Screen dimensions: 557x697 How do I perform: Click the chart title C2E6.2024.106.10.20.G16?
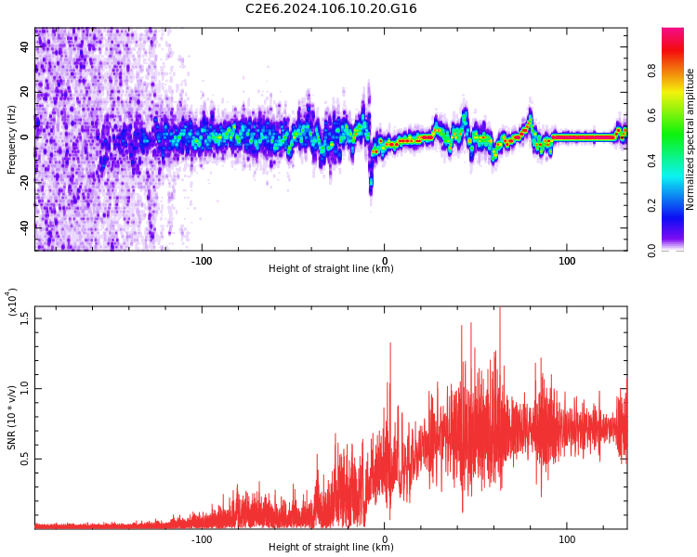pyautogui.click(x=331, y=9)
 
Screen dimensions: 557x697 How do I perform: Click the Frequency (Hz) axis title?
pyautogui.click(x=12, y=139)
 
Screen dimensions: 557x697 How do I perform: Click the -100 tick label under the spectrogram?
pyautogui.click(x=202, y=260)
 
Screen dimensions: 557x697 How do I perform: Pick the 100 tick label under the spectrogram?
pyautogui.click(x=567, y=260)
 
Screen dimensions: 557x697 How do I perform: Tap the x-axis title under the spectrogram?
pyautogui.click(x=331, y=269)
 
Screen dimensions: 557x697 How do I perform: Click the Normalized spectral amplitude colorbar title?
pyautogui.click(x=690, y=139)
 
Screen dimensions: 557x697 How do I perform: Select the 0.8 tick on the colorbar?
pyautogui.click(x=677, y=69)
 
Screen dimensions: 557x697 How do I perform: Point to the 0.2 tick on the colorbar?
pyautogui.click(x=677, y=205)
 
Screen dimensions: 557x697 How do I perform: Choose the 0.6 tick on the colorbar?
pyautogui.click(x=677, y=114)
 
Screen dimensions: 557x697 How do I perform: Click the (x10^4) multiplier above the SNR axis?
pyautogui.click(x=12, y=302)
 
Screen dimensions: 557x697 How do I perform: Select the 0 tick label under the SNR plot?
pyautogui.click(x=385, y=538)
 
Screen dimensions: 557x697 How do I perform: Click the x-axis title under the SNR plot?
pyautogui.click(x=331, y=548)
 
